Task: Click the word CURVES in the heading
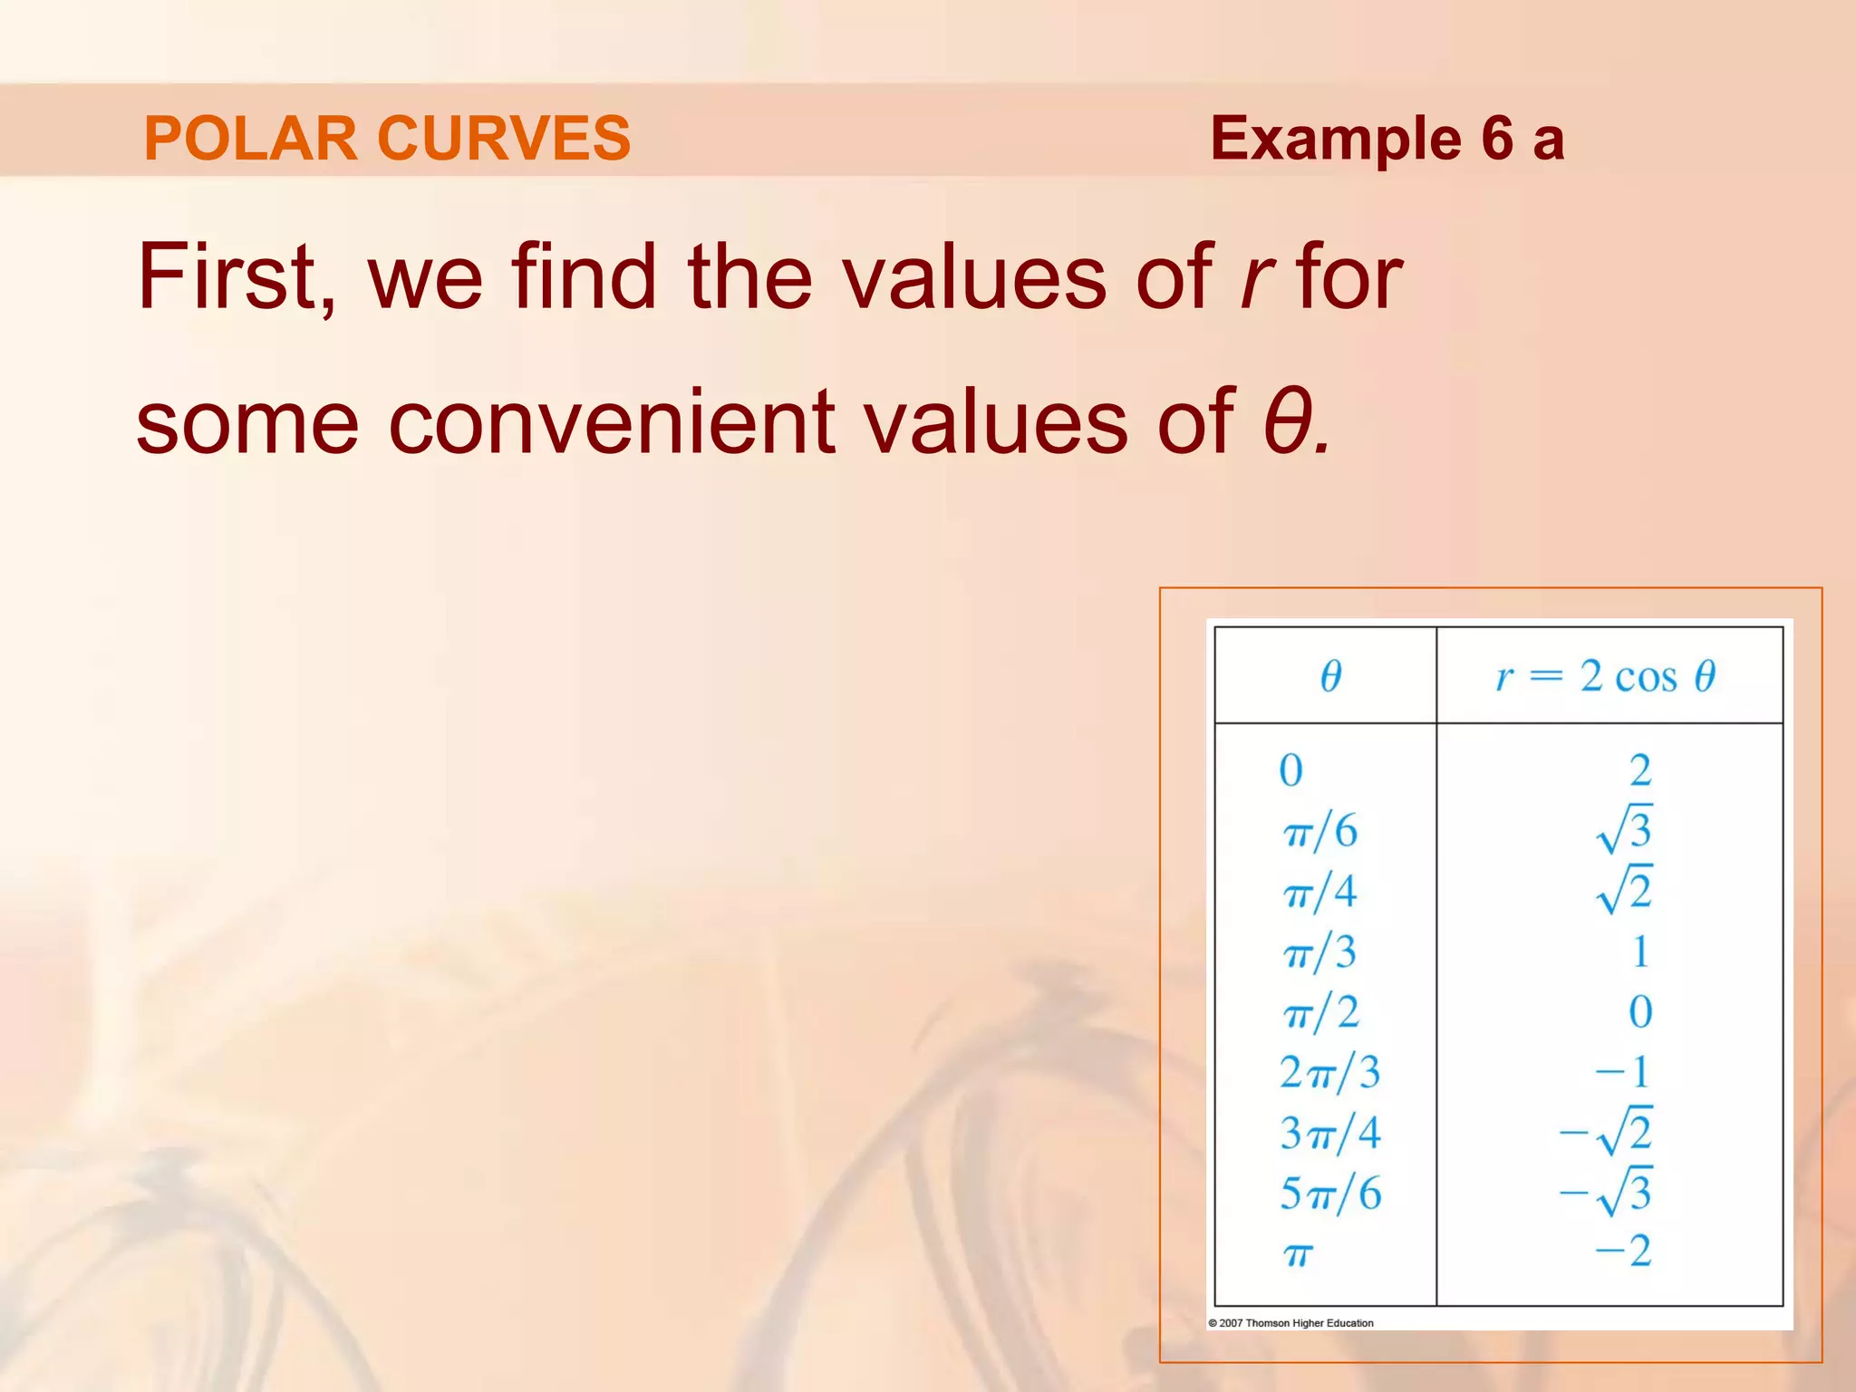504,139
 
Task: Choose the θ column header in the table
1329,676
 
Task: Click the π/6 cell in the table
1320,831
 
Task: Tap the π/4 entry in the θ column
1320,892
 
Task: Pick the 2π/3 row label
1329,1073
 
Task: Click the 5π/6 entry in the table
1329,1194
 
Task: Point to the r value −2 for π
1623,1252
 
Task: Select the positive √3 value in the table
1625,829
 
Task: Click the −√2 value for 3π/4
1607,1131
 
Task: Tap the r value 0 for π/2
1640,1012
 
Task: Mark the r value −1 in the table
1623,1072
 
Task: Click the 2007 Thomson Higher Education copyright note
1290,1323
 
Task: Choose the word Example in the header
1335,139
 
